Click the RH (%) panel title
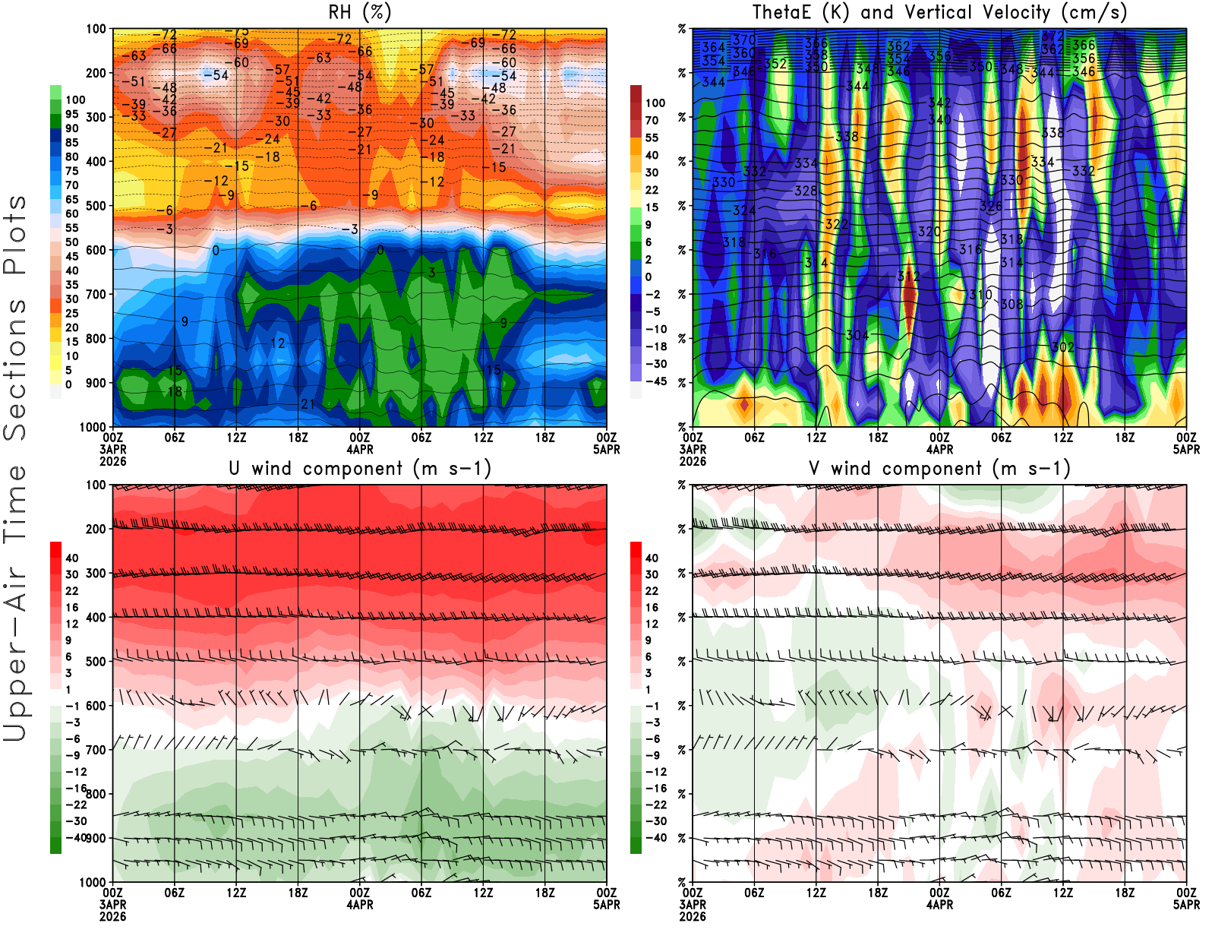tap(360, 12)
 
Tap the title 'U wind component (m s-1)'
tap(360, 468)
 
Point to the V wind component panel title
tap(939, 468)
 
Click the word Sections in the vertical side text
tap(15, 368)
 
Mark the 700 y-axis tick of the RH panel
tap(96, 294)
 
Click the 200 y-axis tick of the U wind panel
tap(96, 529)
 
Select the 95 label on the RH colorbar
tap(72, 114)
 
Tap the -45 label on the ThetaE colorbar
tap(655, 381)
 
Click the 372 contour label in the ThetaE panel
tap(1052, 36)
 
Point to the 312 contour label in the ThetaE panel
tap(908, 277)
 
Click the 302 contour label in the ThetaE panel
tap(1063, 347)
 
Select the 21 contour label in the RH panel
tap(308, 403)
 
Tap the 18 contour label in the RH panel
tap(175, 391)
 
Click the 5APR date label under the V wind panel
tap(1186, 904)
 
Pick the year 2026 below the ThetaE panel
tap(693, 461)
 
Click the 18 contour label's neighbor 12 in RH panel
tap(278, 343)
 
